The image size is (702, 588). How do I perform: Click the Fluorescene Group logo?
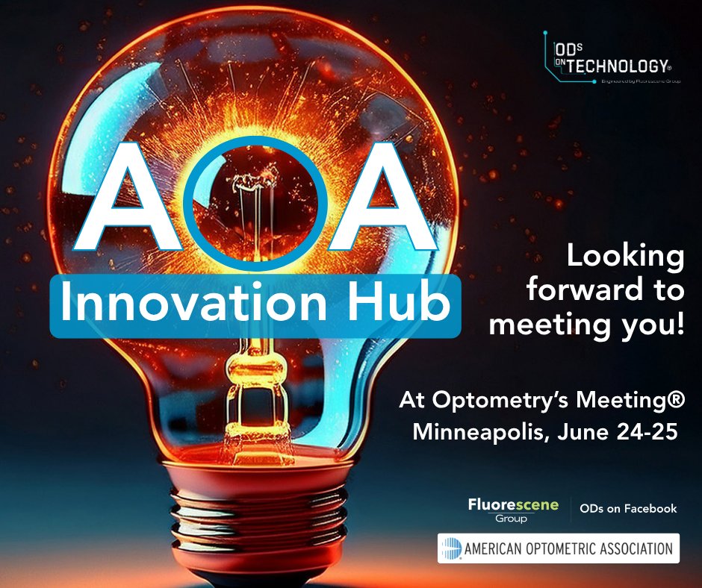tap(513, 510)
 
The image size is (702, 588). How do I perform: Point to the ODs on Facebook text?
tap(628, 509)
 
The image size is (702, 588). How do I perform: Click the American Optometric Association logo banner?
tap(559, 549)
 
